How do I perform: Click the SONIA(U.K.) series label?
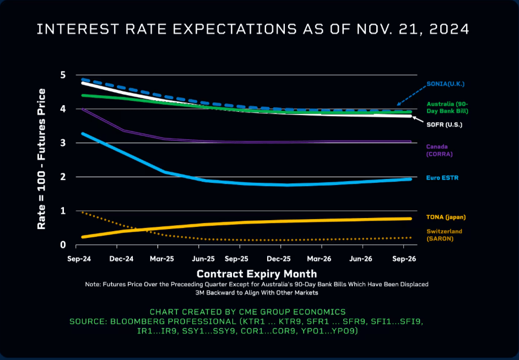[446, 84]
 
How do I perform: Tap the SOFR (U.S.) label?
[444, 125]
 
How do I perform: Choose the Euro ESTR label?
[442, 178]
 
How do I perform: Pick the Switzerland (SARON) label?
[444, 235]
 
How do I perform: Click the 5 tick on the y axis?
[63, 75]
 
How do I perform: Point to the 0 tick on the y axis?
[63, 245]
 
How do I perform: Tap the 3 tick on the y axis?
[63, 143]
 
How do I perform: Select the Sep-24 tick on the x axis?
[78, 259]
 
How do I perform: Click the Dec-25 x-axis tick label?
[279, 259]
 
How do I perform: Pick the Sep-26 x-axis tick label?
[403, 259]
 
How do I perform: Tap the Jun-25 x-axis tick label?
[203, 259]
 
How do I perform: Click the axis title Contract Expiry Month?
[257, 274]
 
